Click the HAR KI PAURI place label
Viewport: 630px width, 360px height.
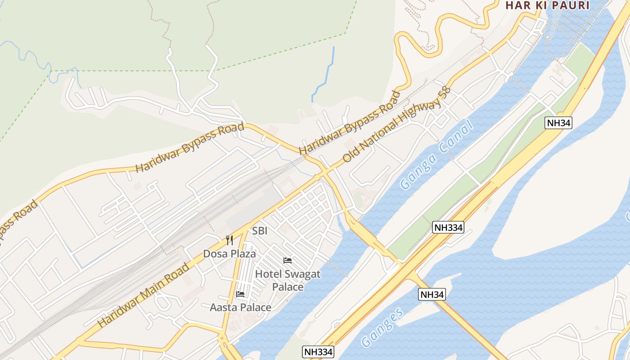click(x=547, y=5)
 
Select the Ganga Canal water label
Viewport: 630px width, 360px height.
click(x=436, y=155)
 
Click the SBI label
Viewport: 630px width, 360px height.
click(x=260, y=231)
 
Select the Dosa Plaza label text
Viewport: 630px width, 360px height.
click(x=229, y=254)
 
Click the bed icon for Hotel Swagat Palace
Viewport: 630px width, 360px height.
click(x=288, y=260)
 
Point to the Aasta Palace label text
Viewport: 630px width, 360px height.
click(x=240, y=307)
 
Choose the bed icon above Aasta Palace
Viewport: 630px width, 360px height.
click(x=240, y=294)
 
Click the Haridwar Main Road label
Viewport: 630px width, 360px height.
click(x=144, y=295)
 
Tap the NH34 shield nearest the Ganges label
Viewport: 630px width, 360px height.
click(x=432, y=295)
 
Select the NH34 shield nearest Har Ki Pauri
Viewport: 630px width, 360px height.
click(x=558, y=123)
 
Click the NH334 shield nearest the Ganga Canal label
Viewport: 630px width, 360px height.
click(x=448, y=227)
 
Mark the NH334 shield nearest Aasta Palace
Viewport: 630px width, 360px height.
click(x=318, y=352)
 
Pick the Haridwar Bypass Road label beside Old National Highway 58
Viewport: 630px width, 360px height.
click(x=350, y=122)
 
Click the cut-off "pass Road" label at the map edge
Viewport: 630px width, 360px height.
click(x=18, y=222)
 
